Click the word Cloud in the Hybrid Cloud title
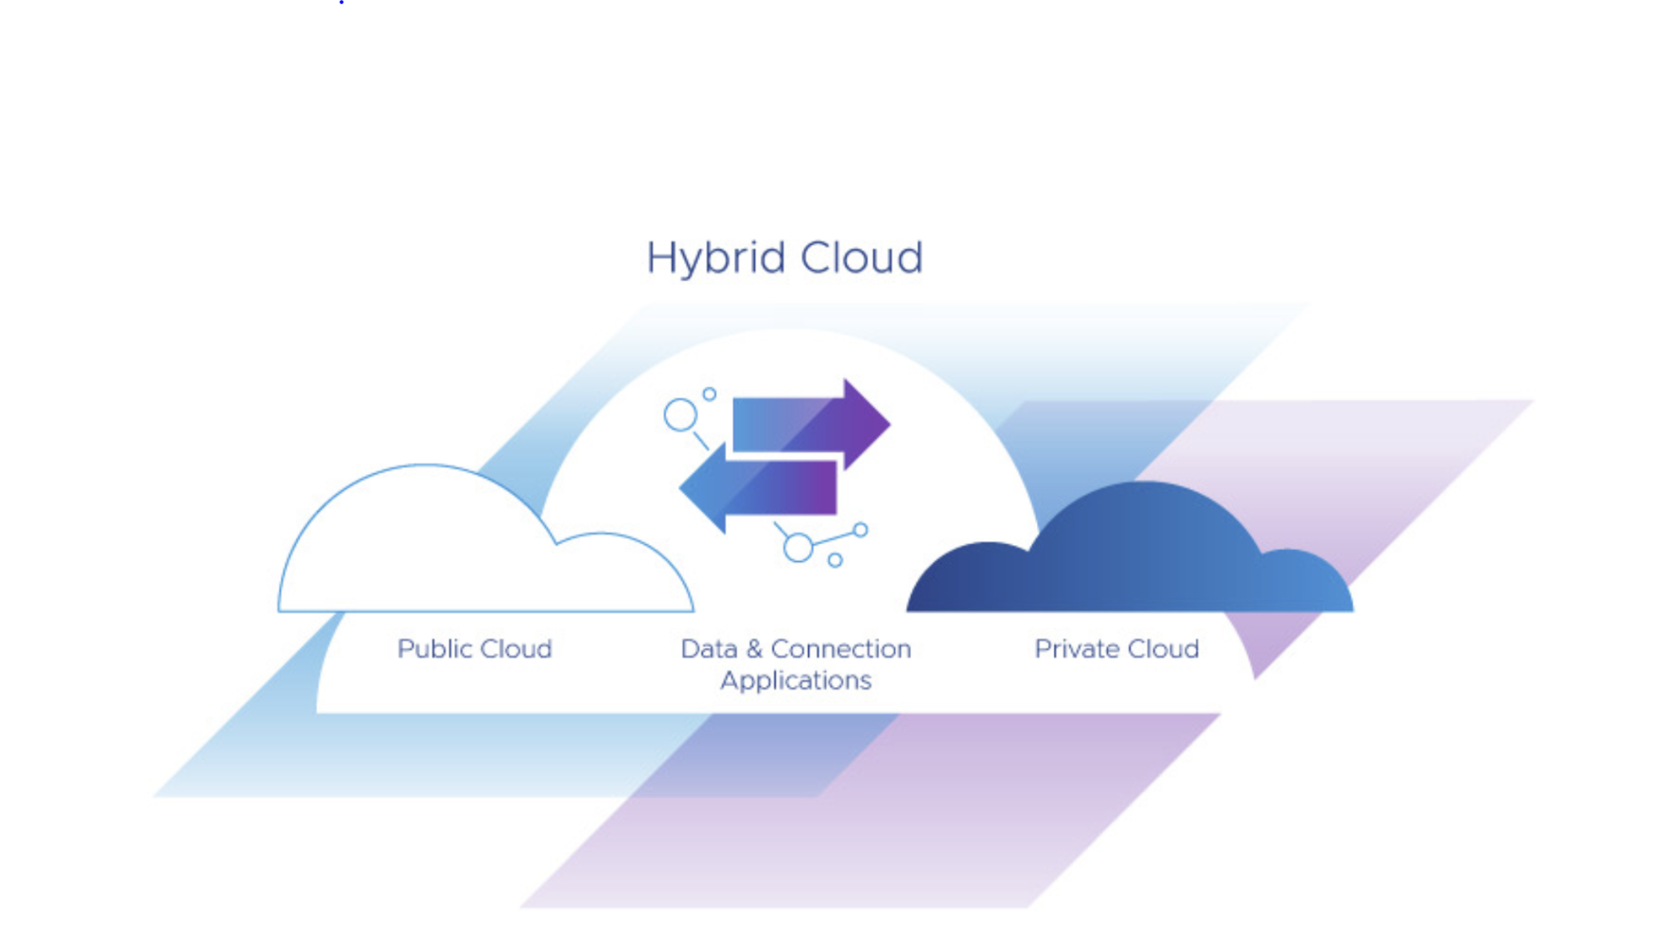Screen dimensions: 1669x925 point(862,257)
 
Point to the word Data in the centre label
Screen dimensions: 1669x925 point(709,649)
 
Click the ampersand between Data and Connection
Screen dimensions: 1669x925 point(755,649)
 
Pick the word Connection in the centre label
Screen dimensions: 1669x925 point(841,649)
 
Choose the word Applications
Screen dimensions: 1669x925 point(796,681)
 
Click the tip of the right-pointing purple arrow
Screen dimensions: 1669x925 point(890,424)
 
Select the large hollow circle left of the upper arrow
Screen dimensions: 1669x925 point(680,415)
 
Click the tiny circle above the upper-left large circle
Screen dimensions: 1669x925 point(709,394)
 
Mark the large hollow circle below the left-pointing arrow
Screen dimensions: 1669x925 point(798,548)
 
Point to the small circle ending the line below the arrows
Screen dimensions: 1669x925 point(861,529)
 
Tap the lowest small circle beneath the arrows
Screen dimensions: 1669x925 point(835,560)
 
